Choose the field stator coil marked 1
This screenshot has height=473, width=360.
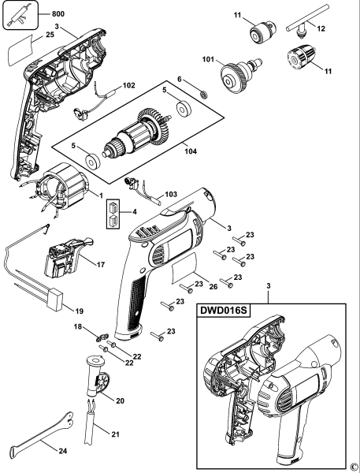click(x=69, y=192)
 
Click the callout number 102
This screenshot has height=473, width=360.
click(x=128, y=85)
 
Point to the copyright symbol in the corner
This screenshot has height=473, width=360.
click(x=354, y=467)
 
